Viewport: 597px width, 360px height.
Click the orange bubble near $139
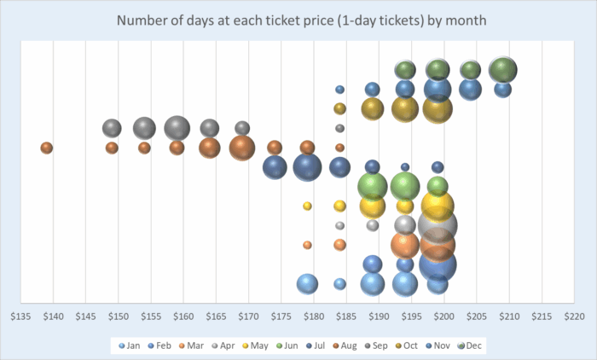point(47,148)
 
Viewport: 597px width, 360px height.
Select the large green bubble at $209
point(503,69)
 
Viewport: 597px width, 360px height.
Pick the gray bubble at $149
point(112,128)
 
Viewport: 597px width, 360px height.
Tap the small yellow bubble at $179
point(307,206)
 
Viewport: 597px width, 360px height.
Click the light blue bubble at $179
point(307,284)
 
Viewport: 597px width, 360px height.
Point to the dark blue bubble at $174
point(275,167)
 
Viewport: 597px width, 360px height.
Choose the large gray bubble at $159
point(177,128)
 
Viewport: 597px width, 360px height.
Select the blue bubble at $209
point(503,89)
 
